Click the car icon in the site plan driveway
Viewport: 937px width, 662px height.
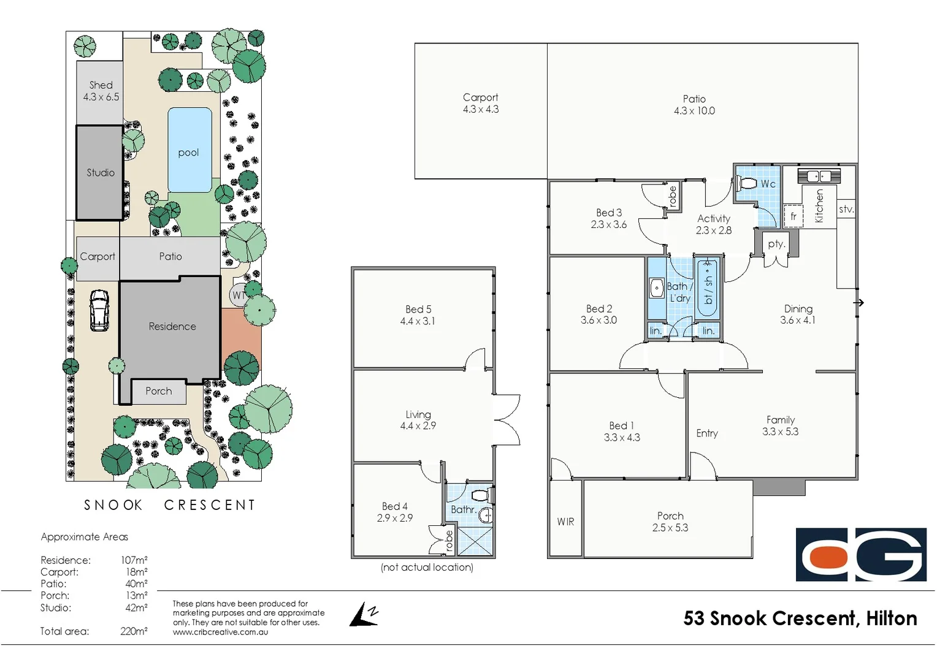(x=99, y=310)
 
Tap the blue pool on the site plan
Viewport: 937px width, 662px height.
(x=189, y=150)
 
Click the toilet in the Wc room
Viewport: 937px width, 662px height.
(x=748, y=183)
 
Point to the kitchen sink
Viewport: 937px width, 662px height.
(x=819, y=177)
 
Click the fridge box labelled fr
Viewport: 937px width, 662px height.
(x=794, y=216)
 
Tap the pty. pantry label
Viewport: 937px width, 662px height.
(x=776, y=244)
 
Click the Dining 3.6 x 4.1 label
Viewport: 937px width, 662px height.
(x=798, y=314)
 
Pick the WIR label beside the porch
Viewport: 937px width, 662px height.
(x=565, y=522)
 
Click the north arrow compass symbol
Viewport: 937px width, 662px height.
(x=364, y=615)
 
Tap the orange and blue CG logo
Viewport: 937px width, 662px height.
(x=861, y=554)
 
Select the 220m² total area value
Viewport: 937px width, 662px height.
(x=134, y=631)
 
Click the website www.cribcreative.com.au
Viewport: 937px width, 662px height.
(x=220, y=632)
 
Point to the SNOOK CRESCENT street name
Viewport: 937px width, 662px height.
(x=169, y=505)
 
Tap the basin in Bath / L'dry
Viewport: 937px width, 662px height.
(x=657, y=287)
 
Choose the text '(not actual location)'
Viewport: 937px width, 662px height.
(x=427, y=568)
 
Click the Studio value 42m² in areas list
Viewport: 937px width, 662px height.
(x=136, y=607)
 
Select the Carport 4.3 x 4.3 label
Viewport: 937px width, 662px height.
(x=481, y=103)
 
